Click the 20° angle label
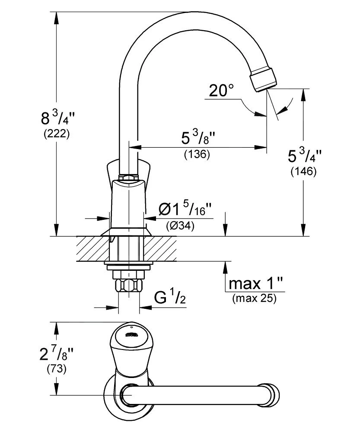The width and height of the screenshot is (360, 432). point(221,91)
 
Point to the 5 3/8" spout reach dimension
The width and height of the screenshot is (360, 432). point(198,138)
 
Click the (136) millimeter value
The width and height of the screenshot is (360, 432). point(197,154)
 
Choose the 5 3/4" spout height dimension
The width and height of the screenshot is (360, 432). point(305,156)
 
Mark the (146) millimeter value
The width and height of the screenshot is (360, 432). point(304,172)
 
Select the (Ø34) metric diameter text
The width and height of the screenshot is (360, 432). point(180,225)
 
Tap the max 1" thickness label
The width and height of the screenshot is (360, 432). point(256,284)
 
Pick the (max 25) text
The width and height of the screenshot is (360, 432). point(254,298)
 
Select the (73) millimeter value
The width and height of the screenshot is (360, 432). point(56,370)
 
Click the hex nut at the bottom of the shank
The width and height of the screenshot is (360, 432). point(129,286)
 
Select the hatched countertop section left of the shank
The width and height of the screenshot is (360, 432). point(92,249)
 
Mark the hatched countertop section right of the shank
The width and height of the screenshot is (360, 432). point(163,249)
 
